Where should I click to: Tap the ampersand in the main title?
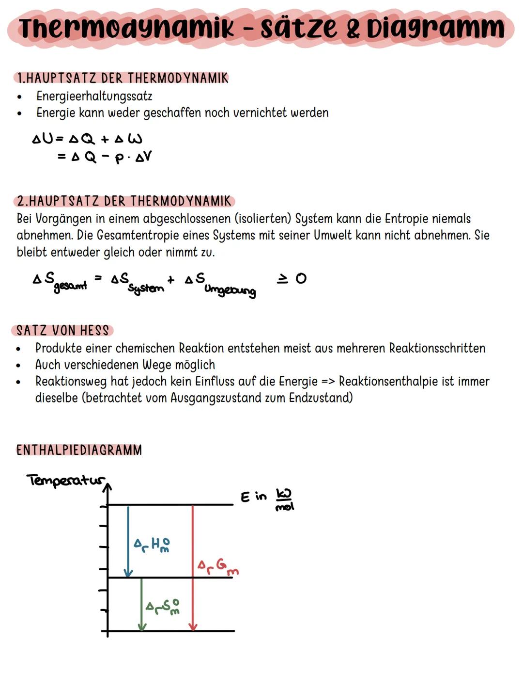click(x=353, y=29)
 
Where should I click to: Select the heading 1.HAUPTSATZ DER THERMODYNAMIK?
click(x=122, y=78)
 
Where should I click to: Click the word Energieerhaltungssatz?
click(x=94, y=96)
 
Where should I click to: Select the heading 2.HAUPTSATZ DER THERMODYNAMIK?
click(x=124, y=201)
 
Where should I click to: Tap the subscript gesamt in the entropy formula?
click(x=71, y=286)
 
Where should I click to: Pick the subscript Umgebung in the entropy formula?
click(x=230, y=290)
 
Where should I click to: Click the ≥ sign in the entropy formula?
click(x=282, y=278)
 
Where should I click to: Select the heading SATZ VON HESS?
click(x=62, y=331)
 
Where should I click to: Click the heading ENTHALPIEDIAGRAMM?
click(x=79, y=450)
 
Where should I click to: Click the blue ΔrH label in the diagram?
click(x=152, y=544)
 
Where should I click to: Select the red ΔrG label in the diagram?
click(x=218, y=566)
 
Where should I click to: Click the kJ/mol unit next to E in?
click(x=284, y=499)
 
